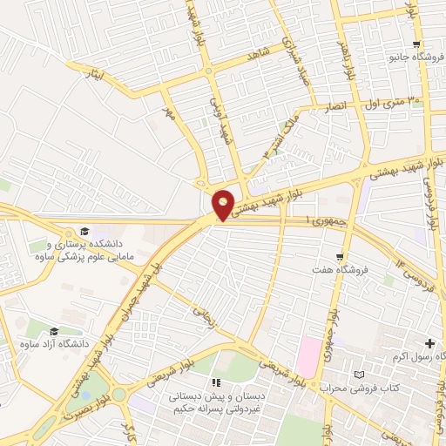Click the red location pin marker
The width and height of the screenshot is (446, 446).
[x=224, y=204]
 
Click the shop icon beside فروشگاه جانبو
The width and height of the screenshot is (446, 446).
[x=416, y=44]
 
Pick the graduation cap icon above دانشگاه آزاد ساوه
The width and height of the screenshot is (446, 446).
[x=55, y=331]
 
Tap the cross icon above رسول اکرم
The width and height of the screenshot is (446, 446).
[x=429, y=344]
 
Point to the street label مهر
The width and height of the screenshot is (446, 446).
[x=169, y=112]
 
